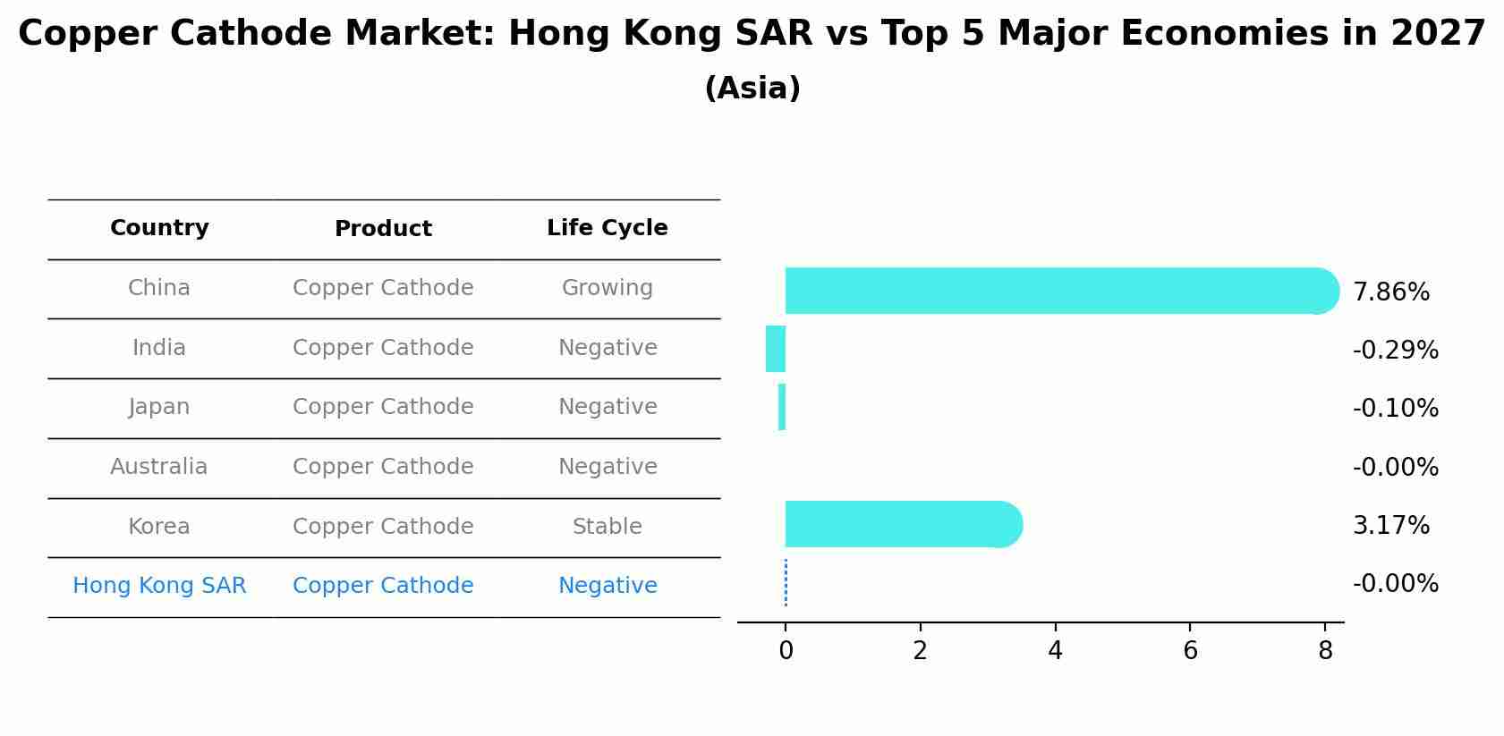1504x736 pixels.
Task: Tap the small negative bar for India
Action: [776, 349]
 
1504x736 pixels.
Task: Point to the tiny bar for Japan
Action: [782, 407]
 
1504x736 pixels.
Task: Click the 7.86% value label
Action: [1390, 292]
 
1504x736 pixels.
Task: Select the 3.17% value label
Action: [1390, 526]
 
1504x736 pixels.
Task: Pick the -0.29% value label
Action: [1395, 351]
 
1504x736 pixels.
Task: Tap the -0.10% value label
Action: [1395, 409]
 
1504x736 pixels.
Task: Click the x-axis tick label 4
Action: [1055, 652]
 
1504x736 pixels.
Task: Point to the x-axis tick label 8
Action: [1325, 652]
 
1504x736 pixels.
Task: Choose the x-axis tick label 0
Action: [786, 652]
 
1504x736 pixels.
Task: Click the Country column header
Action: [159, 228]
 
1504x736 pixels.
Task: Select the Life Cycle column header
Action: [607, 228]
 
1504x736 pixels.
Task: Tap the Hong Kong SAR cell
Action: [159, 586]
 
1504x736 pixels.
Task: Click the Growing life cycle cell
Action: [607, 288]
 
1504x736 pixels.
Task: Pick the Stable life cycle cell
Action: [607, 527]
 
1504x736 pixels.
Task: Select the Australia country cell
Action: [158, 467]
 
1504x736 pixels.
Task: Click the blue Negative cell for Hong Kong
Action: [607, 586]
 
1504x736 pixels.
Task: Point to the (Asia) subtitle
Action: [752, 89]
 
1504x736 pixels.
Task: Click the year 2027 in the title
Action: [1438, 34]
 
